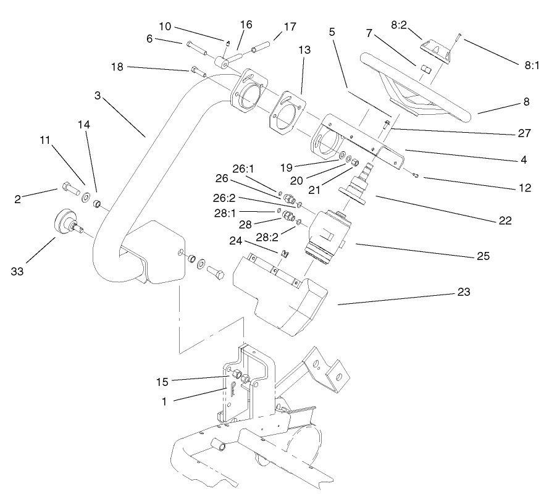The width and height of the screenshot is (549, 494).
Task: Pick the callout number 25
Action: click(x=482, y=256)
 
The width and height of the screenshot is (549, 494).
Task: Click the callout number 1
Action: click(x=164, y=401)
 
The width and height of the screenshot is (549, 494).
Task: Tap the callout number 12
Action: click(x=526, y=189)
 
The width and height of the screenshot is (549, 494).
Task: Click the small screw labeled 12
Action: click(x=417, y=178)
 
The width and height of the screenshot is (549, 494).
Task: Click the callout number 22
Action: click(x=505, y=220)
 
